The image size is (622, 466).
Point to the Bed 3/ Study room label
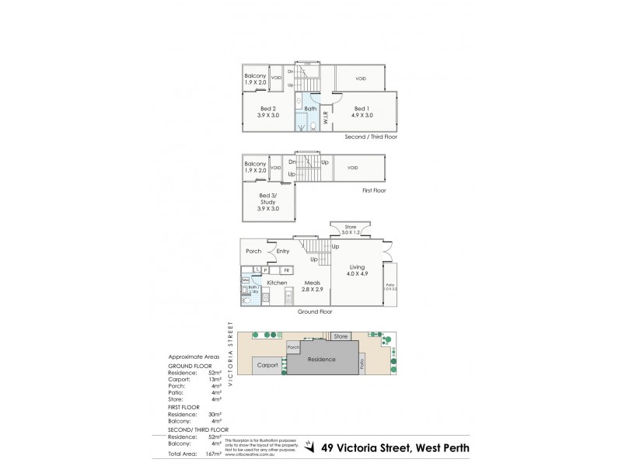tap(268, 202)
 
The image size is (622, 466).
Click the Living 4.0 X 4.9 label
tap(357, 270)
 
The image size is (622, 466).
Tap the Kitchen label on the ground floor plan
tap(277, 283)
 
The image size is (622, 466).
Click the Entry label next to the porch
tap(282, 251)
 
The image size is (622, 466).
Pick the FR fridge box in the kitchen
tap(286, 270)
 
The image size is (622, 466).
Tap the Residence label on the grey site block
tap(321, 360)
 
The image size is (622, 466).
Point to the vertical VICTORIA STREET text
tap(231, 355)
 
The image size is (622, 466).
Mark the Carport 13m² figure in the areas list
tap(215, 380)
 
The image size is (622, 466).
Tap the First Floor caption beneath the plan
tap(373, 190)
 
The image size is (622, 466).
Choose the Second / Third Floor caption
tap(371, 136)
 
